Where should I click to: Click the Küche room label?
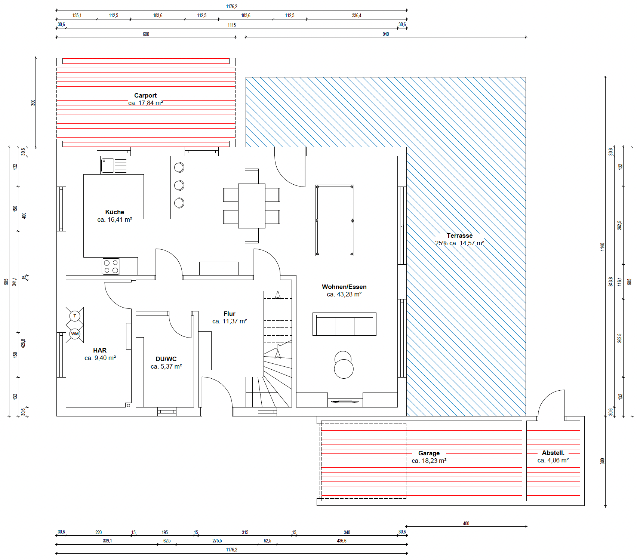click(x=115, y=212)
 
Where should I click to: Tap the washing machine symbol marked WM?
click(x=75, y=334)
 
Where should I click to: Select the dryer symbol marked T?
click(x=75, y=316)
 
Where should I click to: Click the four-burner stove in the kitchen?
click(x=111, y=266)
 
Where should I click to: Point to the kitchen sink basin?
click(x=108, y=166)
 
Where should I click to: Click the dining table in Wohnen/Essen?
click(x=252, y=206)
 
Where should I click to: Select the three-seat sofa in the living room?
click(x=344, y=324)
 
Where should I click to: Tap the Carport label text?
click(x=145, y=95)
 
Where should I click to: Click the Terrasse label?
click(x=459, y=236)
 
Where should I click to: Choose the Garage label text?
click(x=429, y=453)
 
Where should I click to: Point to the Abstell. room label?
click(x=553, y=453)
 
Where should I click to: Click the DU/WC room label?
click(x=166, y=359)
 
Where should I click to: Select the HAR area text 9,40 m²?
click(x=105, y=358)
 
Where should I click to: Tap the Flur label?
click(x=230, y=314)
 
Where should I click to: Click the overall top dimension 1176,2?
click(x=232, y=6)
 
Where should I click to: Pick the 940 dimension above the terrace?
click(x=386, y=34)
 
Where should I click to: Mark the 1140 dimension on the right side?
click(x=602, y=247)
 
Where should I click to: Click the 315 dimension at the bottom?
click(x=245, y=532)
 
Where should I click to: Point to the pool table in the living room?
click(x=335, y=220)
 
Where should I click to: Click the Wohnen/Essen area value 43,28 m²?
click(x=349, y=294)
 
